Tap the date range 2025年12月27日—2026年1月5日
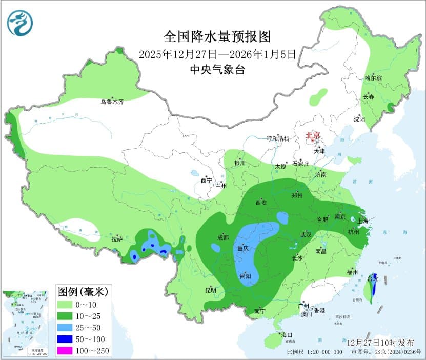click(x=217, y=54)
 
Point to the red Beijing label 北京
click(x=313, y=135)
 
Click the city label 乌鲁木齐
click(x=112, y=102)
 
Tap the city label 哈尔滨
click(x=373, y=78)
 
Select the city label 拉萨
click(x=117, y=239)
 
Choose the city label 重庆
click(x=242, y=248)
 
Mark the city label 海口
click(x=286, y=335)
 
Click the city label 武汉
click(x=306, y=234)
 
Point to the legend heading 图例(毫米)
click(x=82, y=292)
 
